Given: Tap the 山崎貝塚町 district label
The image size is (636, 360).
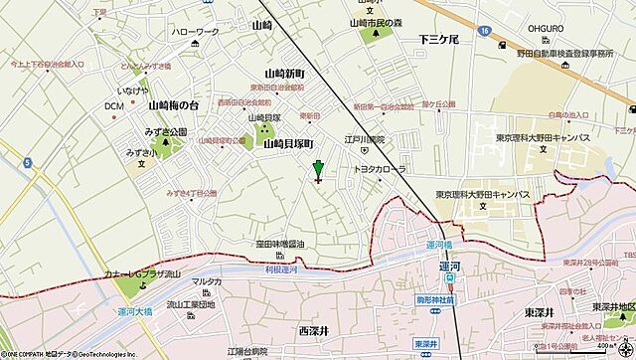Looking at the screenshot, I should pos(289,144).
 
